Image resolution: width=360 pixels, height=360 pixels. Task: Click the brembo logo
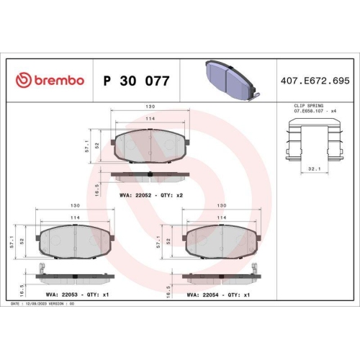(49, 80)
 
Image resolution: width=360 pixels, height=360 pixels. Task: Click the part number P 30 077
(137, 81)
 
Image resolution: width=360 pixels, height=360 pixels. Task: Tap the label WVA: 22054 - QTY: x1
(218, 294)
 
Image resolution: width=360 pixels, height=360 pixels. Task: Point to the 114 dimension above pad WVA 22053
(75, 217)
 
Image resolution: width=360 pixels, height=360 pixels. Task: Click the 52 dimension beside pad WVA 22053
(24, 242)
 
